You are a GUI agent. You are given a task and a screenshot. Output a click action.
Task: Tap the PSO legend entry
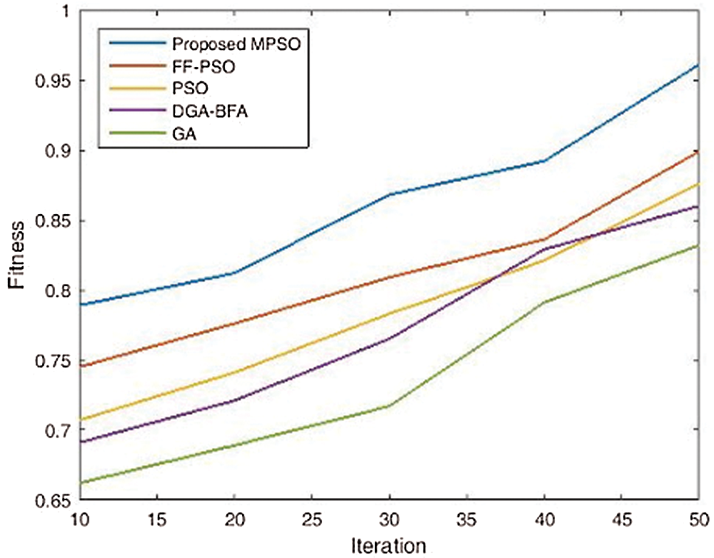coord(189,89)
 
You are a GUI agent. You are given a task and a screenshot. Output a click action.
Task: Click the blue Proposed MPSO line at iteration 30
coord(389,194)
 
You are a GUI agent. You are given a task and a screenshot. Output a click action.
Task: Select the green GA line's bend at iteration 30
coord(389,405)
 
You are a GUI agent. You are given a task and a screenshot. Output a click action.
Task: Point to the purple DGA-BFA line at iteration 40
coord(544,249)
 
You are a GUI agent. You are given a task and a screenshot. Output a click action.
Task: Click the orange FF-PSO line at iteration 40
coord(544,240)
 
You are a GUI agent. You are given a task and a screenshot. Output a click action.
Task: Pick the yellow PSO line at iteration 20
coord(234,372)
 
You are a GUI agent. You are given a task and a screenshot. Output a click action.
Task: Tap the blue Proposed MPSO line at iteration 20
coord(234,273)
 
